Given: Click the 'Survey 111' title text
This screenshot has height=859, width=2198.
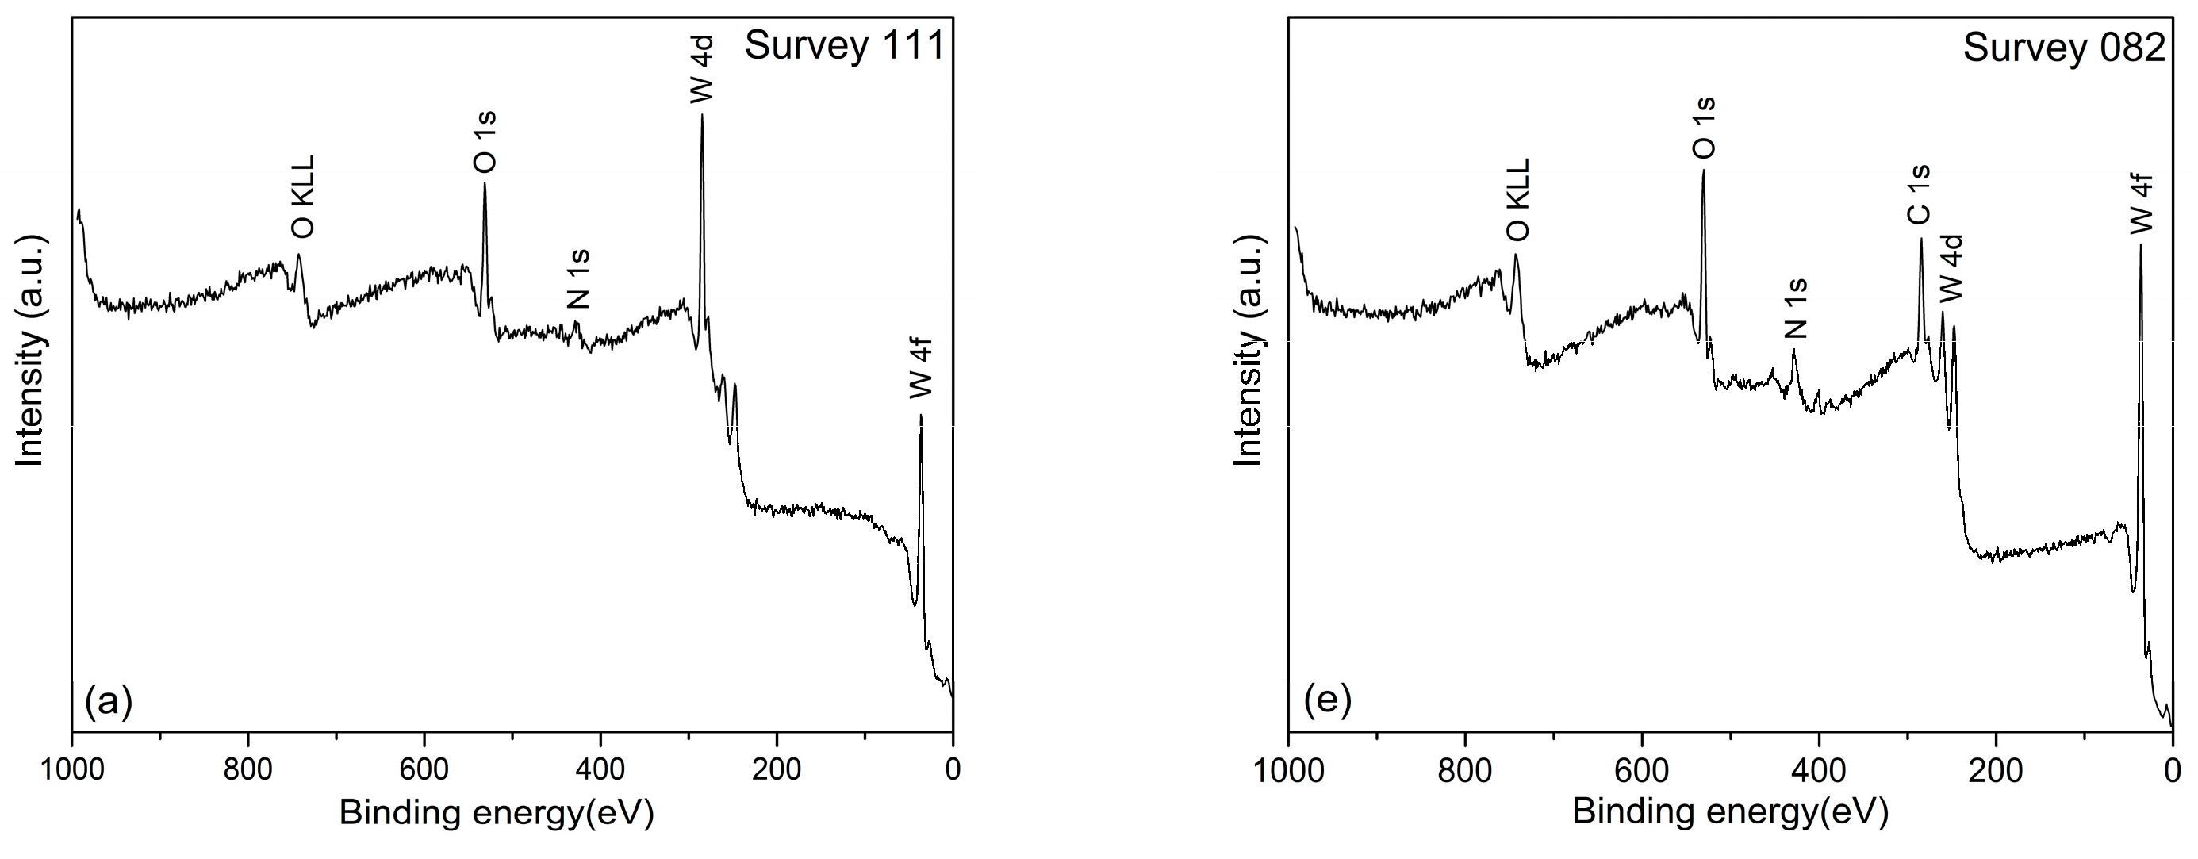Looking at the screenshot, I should (x=845, y=45).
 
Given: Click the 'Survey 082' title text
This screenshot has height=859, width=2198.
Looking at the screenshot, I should (x=2064, y=48).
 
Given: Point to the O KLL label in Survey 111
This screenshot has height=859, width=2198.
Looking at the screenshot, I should (x=302, y=197).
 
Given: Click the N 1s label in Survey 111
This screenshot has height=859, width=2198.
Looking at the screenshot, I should (x=577, y=279).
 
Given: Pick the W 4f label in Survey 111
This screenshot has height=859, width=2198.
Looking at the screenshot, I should (x=921, y=369).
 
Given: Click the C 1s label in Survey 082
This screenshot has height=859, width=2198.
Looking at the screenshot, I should (x=1919, y=195).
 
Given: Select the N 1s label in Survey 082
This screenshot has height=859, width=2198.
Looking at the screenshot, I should (x=1796, y=308).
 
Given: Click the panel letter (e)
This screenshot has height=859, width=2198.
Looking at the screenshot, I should (x=1328, y=700).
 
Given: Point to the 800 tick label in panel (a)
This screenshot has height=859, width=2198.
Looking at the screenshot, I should (x=248, y=769).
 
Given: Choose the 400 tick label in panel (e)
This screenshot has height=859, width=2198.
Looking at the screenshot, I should (x=1818, y=771).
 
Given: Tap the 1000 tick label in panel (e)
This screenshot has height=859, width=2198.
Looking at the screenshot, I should (x=1288, y=771).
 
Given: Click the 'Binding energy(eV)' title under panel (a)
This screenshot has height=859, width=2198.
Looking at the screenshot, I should (x=497, y=813).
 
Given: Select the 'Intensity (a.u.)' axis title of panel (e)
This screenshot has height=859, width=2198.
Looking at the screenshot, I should (x=1249, y=351).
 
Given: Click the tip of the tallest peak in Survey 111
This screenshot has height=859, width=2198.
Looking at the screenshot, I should (x=702, y=115).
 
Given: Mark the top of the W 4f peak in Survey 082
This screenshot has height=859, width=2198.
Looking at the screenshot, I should (x=2140, y=246).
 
